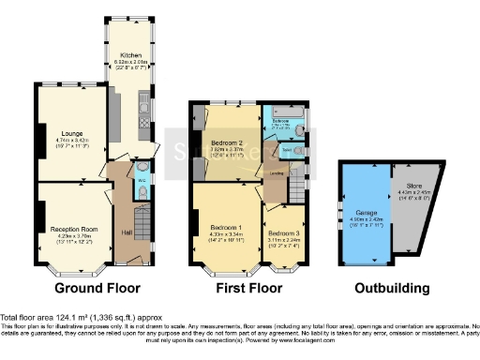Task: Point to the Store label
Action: coord(412,187)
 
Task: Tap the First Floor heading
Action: coord(246,288)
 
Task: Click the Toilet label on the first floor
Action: coord(285,149)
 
